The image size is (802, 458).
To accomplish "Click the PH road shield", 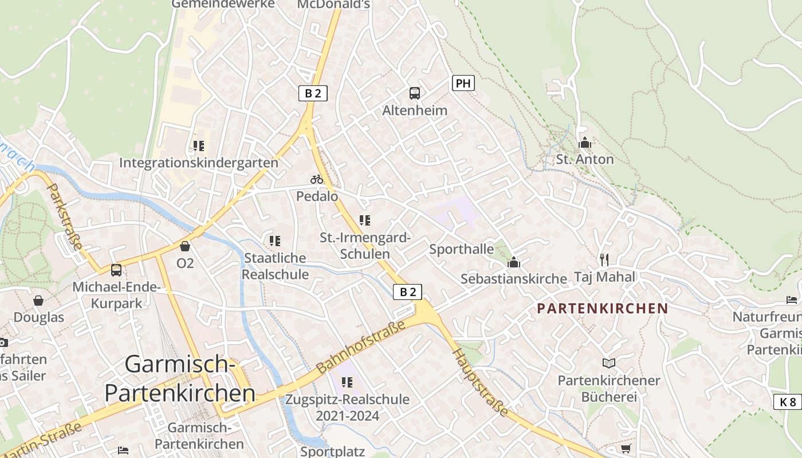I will [x=463, y=83].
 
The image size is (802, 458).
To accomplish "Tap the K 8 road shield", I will [x=788, y=402].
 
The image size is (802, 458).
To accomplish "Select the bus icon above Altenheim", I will [x=415, y=93].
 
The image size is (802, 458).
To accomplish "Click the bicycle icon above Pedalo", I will [x=317, y=179].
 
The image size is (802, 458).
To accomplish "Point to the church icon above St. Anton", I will [x=585, y=143].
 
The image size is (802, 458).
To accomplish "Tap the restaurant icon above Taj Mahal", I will [x=604, y=260].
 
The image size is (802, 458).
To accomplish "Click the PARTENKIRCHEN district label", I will [x=602, y=309].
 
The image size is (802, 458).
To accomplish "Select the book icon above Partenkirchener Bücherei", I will [x=608, y=363].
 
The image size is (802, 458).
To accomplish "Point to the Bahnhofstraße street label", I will [x=361, y=345].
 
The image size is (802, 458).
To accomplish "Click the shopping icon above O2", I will [x=185, y=246].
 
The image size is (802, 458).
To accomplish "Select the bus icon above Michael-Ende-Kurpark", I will [x=116, y=270].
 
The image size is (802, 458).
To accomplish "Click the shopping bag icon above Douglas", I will [x=38, y=301].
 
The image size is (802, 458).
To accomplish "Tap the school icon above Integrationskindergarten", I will [x=199, y=146].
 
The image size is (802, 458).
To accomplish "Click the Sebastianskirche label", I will [x=513, y=279].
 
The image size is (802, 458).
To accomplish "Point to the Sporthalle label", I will [x=461, y=249].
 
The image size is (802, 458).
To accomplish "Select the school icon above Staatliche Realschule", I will [x=275, y=241].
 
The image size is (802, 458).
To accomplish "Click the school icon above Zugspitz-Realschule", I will [x=347, y=382].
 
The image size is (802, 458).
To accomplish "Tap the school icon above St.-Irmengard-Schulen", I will [x=365, y=220].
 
